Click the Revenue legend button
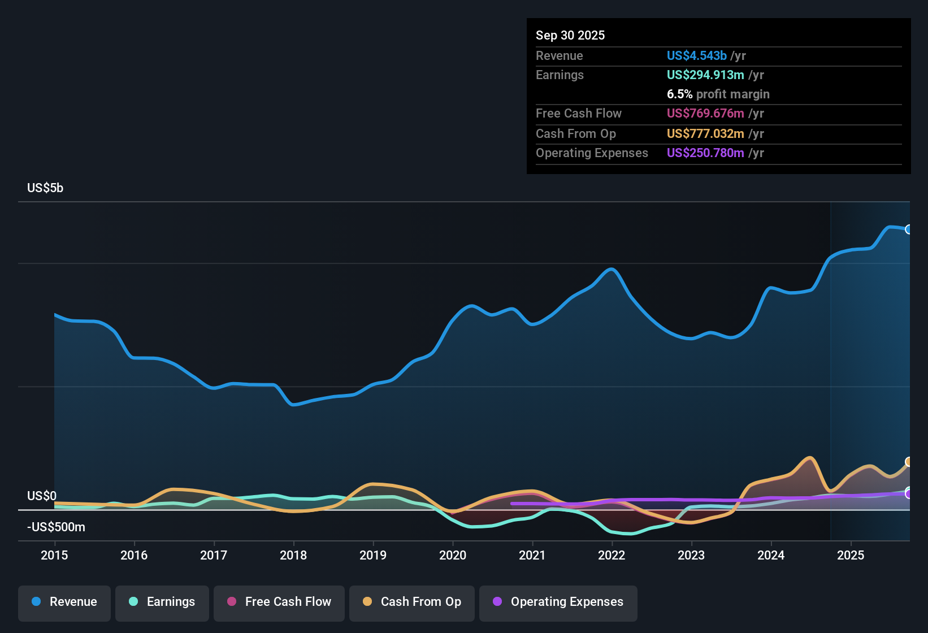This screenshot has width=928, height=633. click(64, 602)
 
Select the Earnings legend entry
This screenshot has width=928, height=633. click(162, 602)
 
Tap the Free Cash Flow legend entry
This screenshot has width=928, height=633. click(279, 602)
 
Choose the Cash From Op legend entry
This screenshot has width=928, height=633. click(412, 602)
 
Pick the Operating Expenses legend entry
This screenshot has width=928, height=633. click(558, 602)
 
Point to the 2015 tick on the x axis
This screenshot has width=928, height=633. click(54, 555)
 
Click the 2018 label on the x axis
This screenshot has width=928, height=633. click(293, 555)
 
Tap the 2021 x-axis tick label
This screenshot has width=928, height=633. click(532, 555)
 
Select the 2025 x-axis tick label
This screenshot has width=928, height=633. click(851, 555)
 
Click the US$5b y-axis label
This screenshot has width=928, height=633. click(45, 188)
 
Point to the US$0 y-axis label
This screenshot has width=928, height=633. click(42, 496)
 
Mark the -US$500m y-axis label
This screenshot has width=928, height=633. click(56, 527)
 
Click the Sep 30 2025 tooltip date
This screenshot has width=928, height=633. click(570, 35)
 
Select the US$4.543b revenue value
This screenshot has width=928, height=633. click(696, 55)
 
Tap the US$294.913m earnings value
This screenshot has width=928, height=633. click(705, 75)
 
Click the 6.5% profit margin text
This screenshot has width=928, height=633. click(718, 94)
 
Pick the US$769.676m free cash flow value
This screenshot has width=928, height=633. click(705, 113)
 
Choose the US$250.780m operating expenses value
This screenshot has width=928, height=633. click(705, 153)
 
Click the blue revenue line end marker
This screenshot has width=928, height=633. click(908, 229)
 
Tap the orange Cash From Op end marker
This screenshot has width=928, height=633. click(908, 462)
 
